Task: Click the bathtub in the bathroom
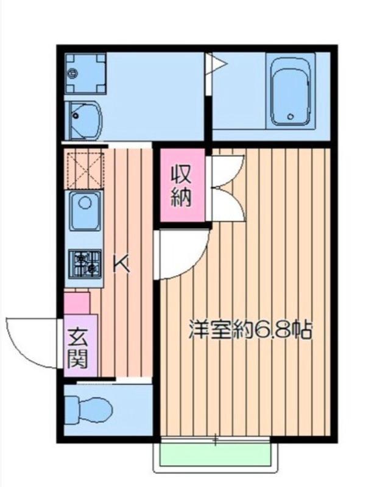[x=291, y=92]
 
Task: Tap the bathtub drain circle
[x=291, y=117]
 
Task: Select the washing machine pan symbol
[x=85, y=73]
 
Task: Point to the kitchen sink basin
[x=85, y=211]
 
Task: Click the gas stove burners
[x=85, y=264]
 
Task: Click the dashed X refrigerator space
[x=85, y=170]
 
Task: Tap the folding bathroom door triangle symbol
[x=217, y=64]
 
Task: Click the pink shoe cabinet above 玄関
[x=77, y=303]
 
